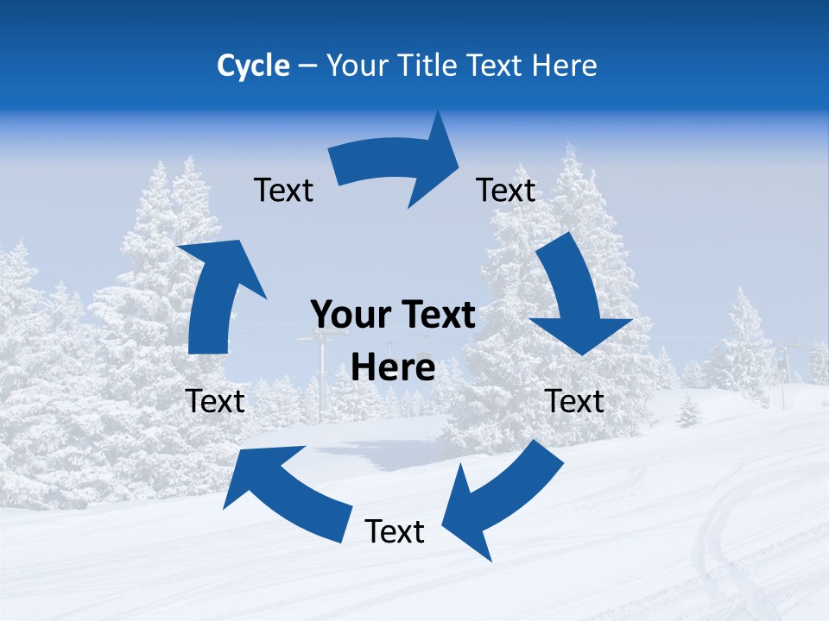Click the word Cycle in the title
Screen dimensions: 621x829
tap(253, 66)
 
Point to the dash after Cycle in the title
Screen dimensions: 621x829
tap(307, 66)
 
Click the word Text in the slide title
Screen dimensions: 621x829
tap(497, 66)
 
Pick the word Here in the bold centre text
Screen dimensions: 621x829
tap(393, 368)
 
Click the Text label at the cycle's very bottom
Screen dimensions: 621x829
tap(395, 531)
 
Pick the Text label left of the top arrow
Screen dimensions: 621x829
tap(283, 190)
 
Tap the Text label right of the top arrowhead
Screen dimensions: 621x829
tap(506, 190)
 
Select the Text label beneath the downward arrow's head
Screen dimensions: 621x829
tap(574, 401)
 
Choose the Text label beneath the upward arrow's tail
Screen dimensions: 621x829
tap(215, 401)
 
